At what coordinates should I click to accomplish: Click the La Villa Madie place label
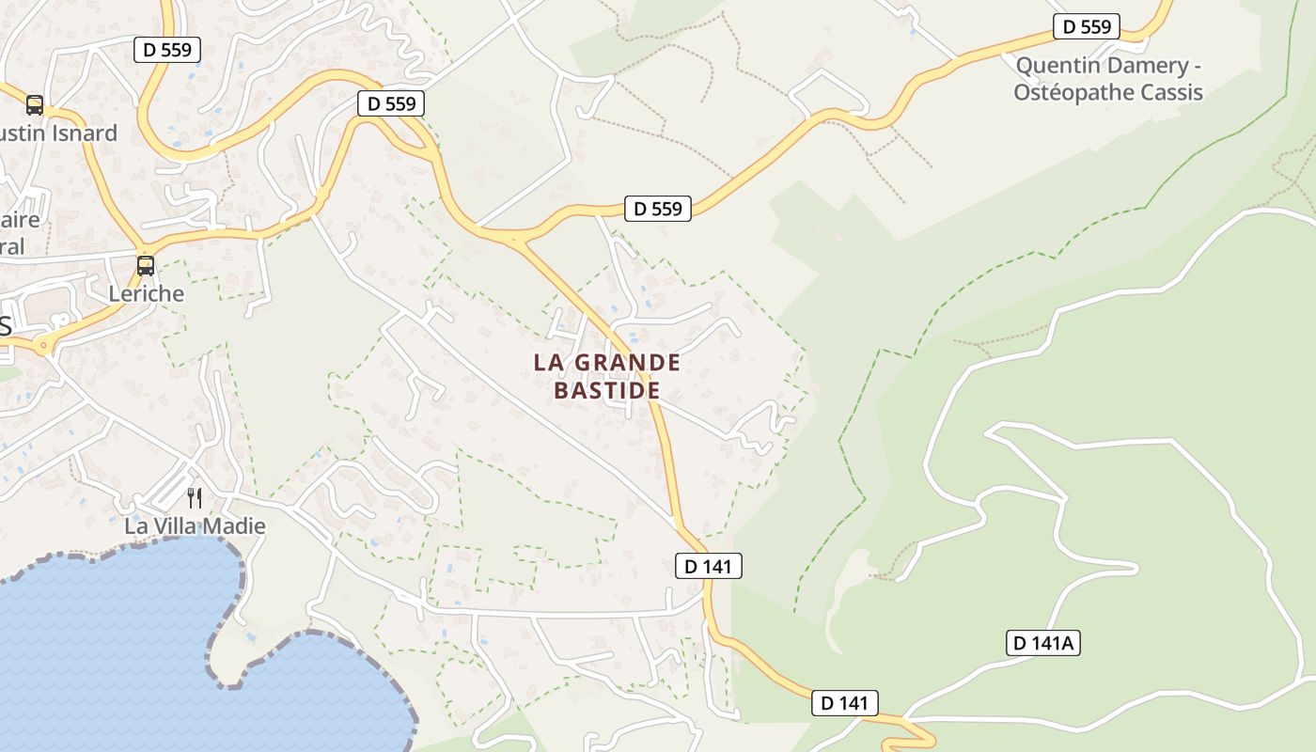click(x=196, y=526)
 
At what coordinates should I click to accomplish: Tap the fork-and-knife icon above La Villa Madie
click(x=195, y=497)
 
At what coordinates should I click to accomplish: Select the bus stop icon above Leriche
click(x=146, y=266)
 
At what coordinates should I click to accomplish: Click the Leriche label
click(x=147, y=293)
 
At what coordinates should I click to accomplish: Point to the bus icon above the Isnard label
click(x=35, y=105)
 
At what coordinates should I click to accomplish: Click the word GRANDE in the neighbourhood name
click(x=626, y=363)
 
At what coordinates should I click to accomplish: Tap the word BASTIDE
click(x=607, y=390)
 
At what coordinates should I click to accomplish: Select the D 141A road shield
click(x=1043, y=643)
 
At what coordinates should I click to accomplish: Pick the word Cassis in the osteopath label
click(x=1170, y=92)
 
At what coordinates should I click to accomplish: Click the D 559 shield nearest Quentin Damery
click(x=1086, y=26)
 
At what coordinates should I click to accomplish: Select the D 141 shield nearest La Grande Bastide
click(x=709, y=566)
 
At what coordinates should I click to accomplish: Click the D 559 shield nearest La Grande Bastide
click(x=657, y=209)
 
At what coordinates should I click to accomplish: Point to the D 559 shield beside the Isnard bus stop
click(x=167, y=50)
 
